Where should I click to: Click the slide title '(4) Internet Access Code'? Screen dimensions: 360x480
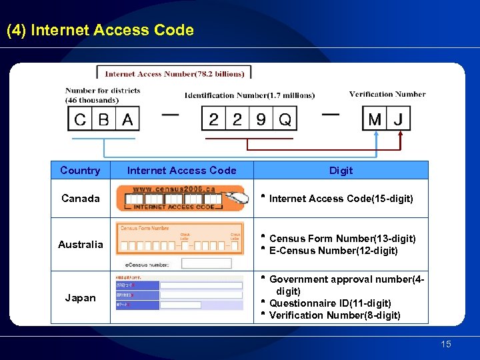[x=100, y=31]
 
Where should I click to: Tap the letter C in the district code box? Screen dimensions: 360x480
[x=81, y=120]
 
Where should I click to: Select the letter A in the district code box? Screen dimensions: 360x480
[x=127, y=120]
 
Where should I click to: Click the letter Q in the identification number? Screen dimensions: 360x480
[x=285, y=120]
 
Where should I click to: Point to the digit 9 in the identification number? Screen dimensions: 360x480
[x=261, y=120]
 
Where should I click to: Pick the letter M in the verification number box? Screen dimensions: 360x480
[x=375, y=120]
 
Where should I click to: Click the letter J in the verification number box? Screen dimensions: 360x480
[x=399, y=120]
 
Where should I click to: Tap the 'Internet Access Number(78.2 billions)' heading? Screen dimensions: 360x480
[x=174, y=74]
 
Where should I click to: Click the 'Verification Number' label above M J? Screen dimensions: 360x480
[x=387, y=94]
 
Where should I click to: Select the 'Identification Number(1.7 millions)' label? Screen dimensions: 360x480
[x=249, y=95]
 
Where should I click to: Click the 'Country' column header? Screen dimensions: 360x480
[x=80, y=171]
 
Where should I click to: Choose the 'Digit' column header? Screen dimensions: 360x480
[x=341, y=171]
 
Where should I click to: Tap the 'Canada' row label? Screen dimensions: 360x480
[x=80, y=199]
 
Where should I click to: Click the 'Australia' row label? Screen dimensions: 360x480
[x=80, y=245]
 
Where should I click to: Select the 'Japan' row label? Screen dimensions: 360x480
[x=80, y=298]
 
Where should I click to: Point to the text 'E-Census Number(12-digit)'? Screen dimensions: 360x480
[x=333, y=251]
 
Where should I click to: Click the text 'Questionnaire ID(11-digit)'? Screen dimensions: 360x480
[x=330, y=303]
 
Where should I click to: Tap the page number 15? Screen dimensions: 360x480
[x=446, y=344]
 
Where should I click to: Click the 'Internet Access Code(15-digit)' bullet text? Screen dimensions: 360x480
[x=341, y=199]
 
